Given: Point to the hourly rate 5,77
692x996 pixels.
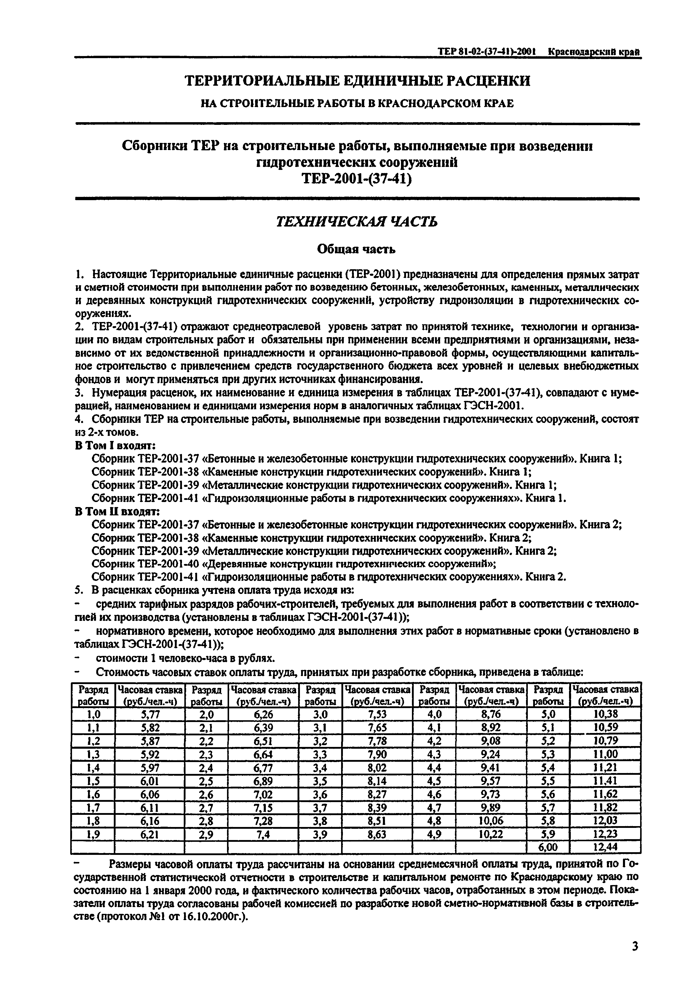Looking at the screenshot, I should (150, 714).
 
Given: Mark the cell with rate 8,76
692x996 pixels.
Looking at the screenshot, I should (491, 714).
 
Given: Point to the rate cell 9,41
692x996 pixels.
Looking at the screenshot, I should (491, 767).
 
